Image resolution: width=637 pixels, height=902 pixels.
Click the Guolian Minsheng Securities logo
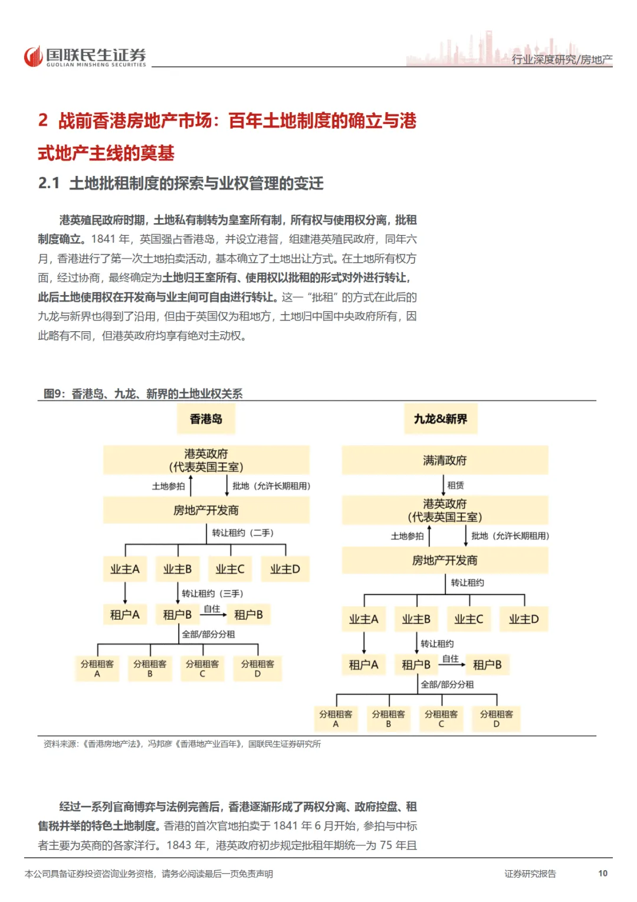point(85,57)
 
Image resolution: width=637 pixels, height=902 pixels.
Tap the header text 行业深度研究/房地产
point(562,60)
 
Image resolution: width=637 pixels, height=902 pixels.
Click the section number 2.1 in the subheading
point(49,184)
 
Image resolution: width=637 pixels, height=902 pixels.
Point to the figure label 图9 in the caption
point(54,394)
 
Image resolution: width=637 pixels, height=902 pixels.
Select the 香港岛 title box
point(206,419)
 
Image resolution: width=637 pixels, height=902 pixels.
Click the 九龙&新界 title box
point(440,419)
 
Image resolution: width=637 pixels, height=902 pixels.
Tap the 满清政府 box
point(445,460)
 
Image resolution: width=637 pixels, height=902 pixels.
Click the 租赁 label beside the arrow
point(455,485)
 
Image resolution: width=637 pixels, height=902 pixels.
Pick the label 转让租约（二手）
point(243,532)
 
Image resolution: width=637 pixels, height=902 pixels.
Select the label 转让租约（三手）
point(212,593)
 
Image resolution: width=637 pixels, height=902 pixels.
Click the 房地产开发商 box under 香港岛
point(206,510)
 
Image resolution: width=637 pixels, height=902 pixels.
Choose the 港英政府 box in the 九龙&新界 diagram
point(445,510)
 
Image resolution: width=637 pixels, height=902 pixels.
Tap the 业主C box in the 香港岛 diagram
point(230,569)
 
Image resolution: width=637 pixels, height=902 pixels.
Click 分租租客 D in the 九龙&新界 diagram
point(496,718)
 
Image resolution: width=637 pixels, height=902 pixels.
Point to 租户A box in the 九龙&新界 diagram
point(363,665)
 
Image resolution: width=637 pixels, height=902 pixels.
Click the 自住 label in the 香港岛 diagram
point(212,609)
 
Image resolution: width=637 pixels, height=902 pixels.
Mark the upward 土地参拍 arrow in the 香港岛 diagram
point(191,485)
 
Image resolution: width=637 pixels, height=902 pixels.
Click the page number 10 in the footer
point(602,873)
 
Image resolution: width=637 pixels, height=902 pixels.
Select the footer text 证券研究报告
point(530,874)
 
